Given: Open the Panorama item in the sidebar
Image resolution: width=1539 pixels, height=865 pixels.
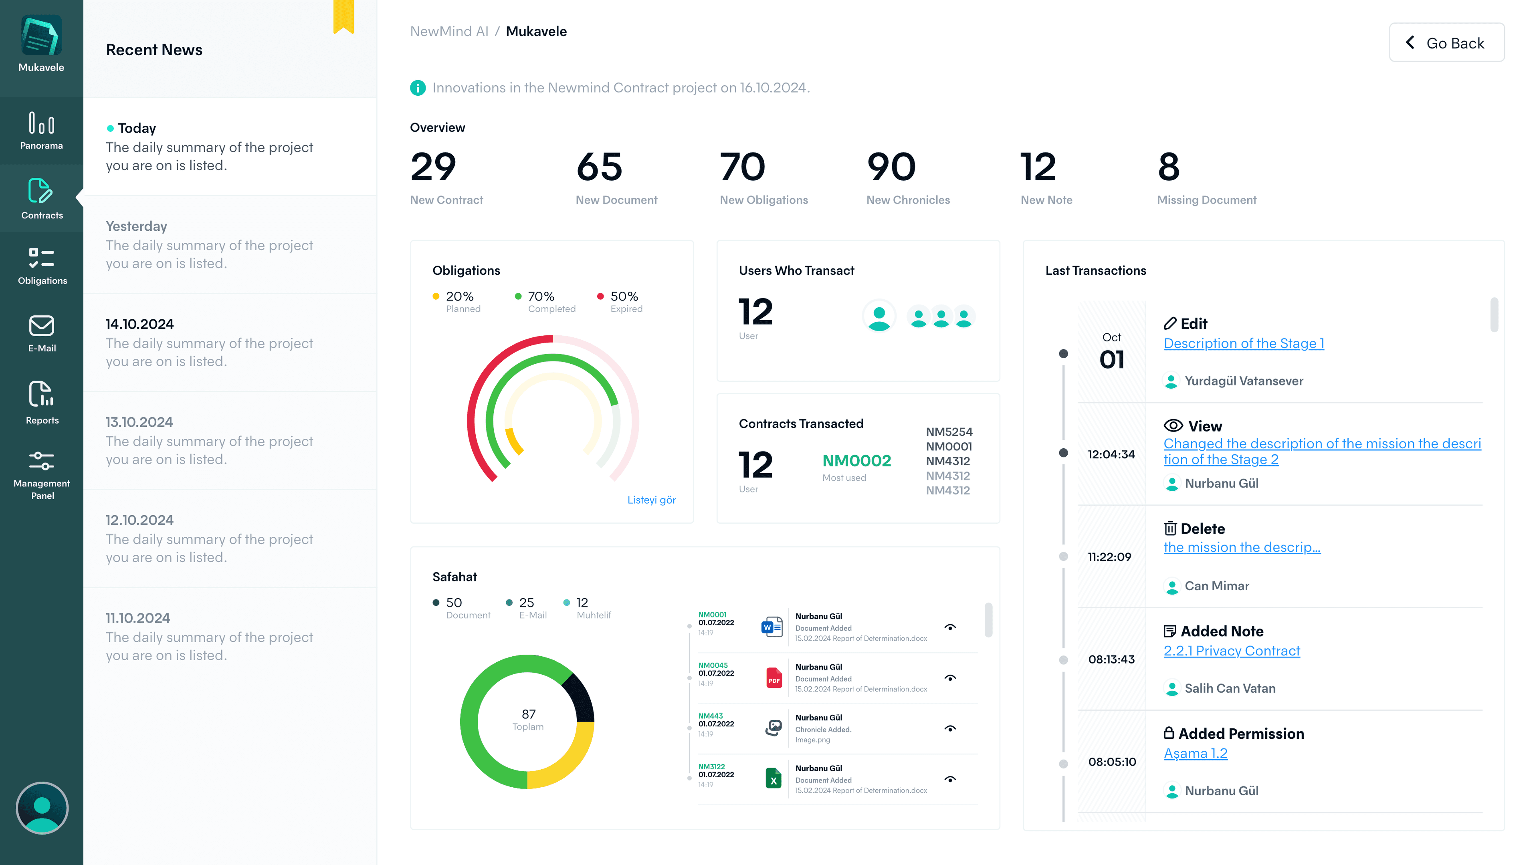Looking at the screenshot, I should [41, 130].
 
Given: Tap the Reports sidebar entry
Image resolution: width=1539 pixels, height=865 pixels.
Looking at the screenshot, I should [41, 402].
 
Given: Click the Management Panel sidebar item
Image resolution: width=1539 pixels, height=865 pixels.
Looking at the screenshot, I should [41, 475].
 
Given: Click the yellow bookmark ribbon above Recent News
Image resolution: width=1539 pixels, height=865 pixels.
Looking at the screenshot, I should [343, 16].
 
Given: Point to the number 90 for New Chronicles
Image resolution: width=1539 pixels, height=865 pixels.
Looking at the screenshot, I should [891, 167].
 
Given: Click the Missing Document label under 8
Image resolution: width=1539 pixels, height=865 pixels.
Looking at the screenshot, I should [1206, 200].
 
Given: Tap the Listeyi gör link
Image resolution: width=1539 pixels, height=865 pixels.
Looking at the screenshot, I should [651, 500].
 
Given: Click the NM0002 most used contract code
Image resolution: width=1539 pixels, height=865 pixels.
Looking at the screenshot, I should [856, 461].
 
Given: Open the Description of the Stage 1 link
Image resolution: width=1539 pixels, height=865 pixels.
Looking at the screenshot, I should [1243, 343].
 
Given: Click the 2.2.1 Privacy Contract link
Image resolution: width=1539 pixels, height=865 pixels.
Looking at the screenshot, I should [1231, 651].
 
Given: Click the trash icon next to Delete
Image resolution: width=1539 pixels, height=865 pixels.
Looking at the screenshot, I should [1170, 529].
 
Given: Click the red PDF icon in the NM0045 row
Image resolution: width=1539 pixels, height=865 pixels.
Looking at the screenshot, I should [774, 678].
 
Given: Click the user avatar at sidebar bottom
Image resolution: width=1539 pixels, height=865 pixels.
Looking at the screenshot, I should [42, 808].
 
